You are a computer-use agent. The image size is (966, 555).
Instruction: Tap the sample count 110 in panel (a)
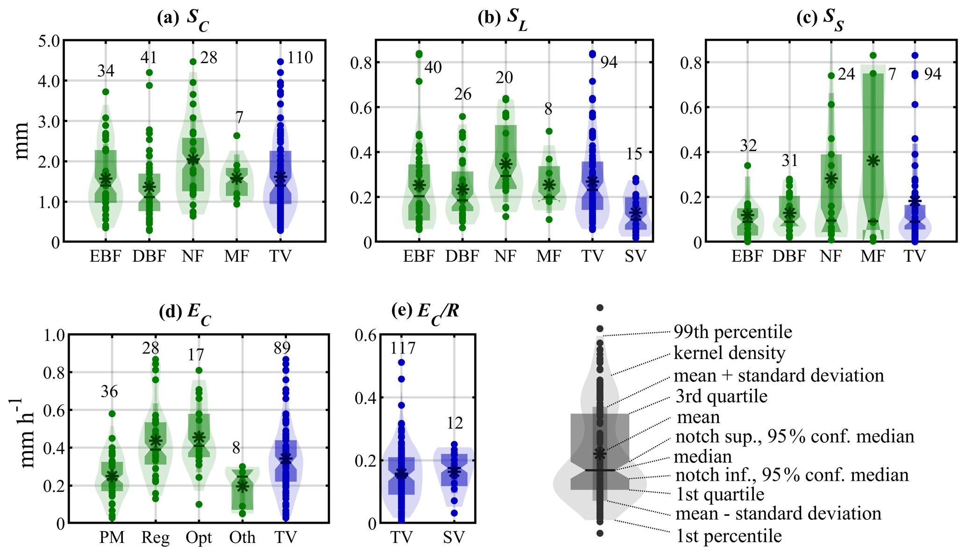tap(300, 58)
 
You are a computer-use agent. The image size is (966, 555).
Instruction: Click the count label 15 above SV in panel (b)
tap(634, 154)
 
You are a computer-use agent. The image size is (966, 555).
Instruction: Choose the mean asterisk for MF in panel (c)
tap(873, 161)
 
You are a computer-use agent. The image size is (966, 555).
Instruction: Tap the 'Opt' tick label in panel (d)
tap(199, 538)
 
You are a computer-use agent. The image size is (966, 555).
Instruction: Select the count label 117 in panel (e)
tap(402, 348)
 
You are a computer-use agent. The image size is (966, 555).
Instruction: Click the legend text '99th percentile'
tap(733, 332)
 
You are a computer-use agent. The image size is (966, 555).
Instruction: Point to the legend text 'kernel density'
tap(729, 353)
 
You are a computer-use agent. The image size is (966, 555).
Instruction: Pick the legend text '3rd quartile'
tap(721, 396)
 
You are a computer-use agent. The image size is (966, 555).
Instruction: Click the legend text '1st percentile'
tap(729, 536)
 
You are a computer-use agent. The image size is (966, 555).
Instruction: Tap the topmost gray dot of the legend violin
tap(600, 308)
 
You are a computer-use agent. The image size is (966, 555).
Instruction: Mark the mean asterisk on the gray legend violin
tap(600, 453)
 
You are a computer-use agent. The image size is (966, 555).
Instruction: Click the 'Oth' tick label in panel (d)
tap(242, 538)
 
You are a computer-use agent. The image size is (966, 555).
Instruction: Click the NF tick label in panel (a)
tap(193, 256)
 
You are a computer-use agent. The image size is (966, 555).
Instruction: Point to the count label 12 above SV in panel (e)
tap(454, 423)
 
